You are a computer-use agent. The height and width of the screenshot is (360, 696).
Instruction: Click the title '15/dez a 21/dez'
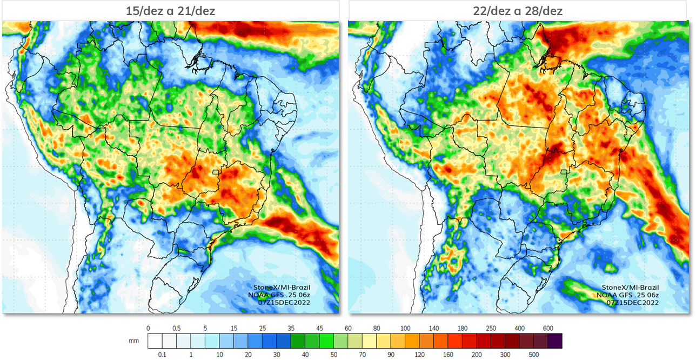pyautogui.click(x=170, y=11)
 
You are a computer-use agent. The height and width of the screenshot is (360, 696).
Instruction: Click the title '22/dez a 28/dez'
pyautogui.click(x=518, y=11)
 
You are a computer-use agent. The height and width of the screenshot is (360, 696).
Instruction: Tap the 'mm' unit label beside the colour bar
pyautogui.click(x=133, y=341)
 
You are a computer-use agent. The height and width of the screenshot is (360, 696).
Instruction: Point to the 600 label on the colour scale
pyautogui.click(x=548, y=328)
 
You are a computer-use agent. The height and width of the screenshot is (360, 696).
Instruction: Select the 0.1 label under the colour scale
pyautogui.click(x=162, y=355)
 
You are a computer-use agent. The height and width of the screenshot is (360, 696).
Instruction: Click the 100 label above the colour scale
pyautogui.click(x=405, y=328)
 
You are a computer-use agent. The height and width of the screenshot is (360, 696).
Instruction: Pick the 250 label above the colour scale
pyautogui.click(x=491, y=328)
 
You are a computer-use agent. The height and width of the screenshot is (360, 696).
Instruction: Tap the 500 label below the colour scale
pyautogui.click(x=534, y=355)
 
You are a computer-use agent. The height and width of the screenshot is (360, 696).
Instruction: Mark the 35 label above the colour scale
pyautogui.click(x=291, y=328)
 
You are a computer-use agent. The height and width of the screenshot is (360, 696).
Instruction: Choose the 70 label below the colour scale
pyautogui.click(x=362, y=355)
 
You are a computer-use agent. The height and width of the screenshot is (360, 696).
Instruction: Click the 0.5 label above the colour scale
pyautogui.click(x=177, y=328)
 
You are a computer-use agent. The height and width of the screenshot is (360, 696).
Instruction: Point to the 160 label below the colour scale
pyautogui.click(x=448, y=355)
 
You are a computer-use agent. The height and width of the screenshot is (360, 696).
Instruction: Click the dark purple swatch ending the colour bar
pyautogui.click(x=555, y=341)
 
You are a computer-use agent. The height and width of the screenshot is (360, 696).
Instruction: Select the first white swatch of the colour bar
pyautogui.click(x=155, y=341)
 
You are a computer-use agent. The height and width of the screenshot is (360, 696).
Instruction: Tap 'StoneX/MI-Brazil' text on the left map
pyautogui.click(x=282, y=288)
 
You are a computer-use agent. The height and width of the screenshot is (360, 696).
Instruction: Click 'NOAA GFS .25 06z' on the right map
pyautogui.click(x=627, y=295)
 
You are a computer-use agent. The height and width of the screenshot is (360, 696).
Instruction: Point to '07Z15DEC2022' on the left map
pyautogui.click(x=284, y=303)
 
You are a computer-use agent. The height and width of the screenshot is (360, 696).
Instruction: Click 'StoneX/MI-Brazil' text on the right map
pyautogui.click(x=630, y=288)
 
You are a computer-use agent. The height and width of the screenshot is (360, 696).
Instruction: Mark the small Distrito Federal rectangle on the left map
pyautogui.click(x=215, y=172)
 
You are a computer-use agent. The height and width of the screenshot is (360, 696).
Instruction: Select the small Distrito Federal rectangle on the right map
pyautogui.click(x=564, y=172)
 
